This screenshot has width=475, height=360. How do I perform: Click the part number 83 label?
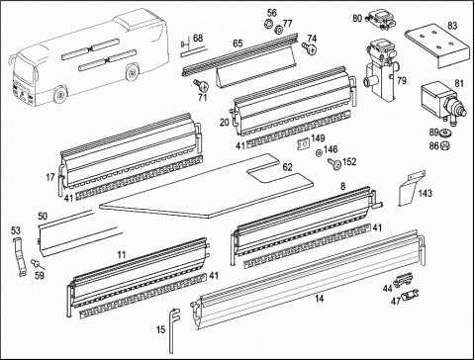452,26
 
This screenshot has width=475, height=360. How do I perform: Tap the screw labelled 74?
309,48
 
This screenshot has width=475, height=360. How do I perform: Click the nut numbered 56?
267,24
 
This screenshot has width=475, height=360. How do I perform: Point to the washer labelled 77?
279,31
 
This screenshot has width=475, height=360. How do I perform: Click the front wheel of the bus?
60,95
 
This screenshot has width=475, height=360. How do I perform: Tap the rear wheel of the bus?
133,72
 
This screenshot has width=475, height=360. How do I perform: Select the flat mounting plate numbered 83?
437,46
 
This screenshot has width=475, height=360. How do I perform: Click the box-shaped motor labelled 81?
442,101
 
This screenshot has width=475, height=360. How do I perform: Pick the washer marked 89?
445,133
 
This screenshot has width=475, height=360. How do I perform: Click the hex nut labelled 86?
445,144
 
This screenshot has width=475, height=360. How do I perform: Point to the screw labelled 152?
334,163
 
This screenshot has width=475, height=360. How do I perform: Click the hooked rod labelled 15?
174,330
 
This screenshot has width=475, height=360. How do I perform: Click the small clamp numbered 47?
410,294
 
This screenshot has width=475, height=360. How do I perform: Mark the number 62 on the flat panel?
288,167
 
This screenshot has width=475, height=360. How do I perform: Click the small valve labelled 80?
381,20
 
